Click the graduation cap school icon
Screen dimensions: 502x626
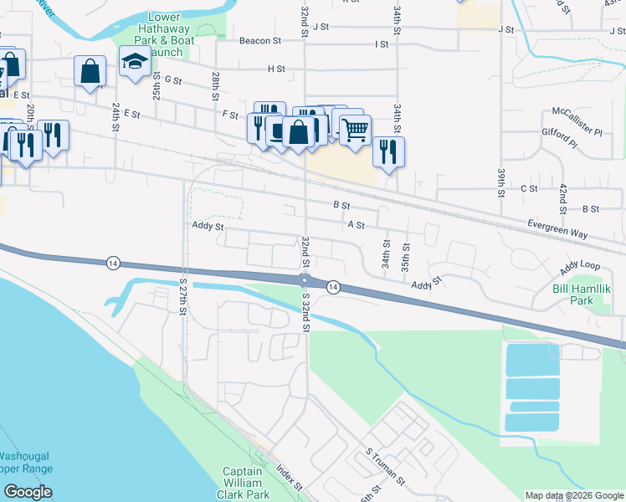click(134, 62)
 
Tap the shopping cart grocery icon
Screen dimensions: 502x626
click(356, 129)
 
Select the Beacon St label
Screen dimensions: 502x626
click(260, 40)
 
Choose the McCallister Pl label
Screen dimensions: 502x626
click(577, 122)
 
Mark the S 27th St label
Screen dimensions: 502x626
click(182, 292)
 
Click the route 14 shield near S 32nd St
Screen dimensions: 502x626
click(333, 287)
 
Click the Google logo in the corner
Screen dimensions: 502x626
click(28, 492)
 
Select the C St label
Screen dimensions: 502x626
click(529, 189)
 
